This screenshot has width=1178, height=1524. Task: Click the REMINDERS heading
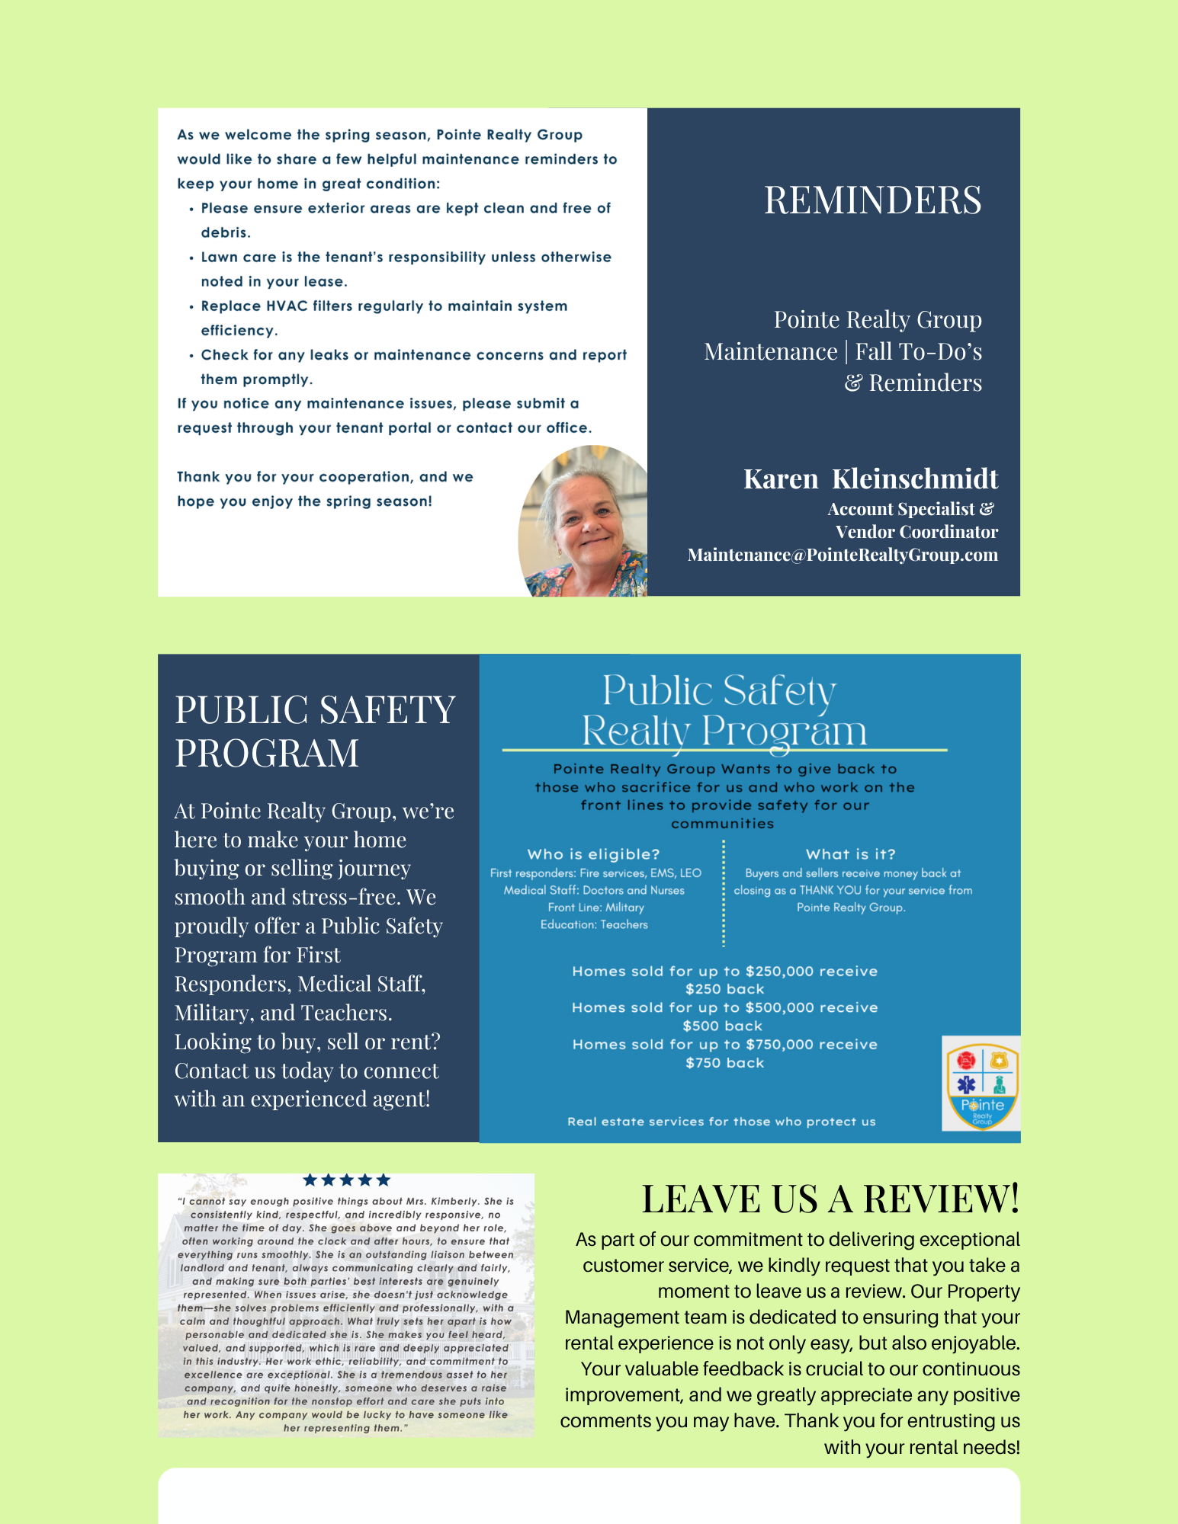point(872,200)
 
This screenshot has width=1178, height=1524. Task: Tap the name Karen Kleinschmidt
point(870,479)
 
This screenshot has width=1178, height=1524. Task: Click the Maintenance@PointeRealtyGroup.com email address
point(842,555)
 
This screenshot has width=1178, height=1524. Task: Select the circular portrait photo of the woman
point(584,522)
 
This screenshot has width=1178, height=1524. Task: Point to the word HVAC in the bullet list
point(287,306)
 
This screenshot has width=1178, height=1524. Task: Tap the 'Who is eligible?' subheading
point(593,854)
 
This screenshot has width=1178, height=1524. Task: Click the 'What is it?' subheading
point(850,854)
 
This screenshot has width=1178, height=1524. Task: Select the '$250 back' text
point(724,989)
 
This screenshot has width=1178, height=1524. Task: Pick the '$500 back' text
point(723,1026)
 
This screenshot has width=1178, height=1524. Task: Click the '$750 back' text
point(724,1063)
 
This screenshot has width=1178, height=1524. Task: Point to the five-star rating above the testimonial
point(346,1180)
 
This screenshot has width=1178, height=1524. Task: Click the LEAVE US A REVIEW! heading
point(830,1199)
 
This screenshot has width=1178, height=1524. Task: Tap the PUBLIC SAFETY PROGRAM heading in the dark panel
point(315,731)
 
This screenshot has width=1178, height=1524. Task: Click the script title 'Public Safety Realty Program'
point(723,711)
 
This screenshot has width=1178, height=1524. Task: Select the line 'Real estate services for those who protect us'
point(721,1122)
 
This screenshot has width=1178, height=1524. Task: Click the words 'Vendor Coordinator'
point(916,532)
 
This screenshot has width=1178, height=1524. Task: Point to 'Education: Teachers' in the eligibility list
point(594,924)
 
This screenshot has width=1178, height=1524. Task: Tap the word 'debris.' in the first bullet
point(226,232)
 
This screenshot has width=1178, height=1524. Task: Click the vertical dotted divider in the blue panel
point(723,892)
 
